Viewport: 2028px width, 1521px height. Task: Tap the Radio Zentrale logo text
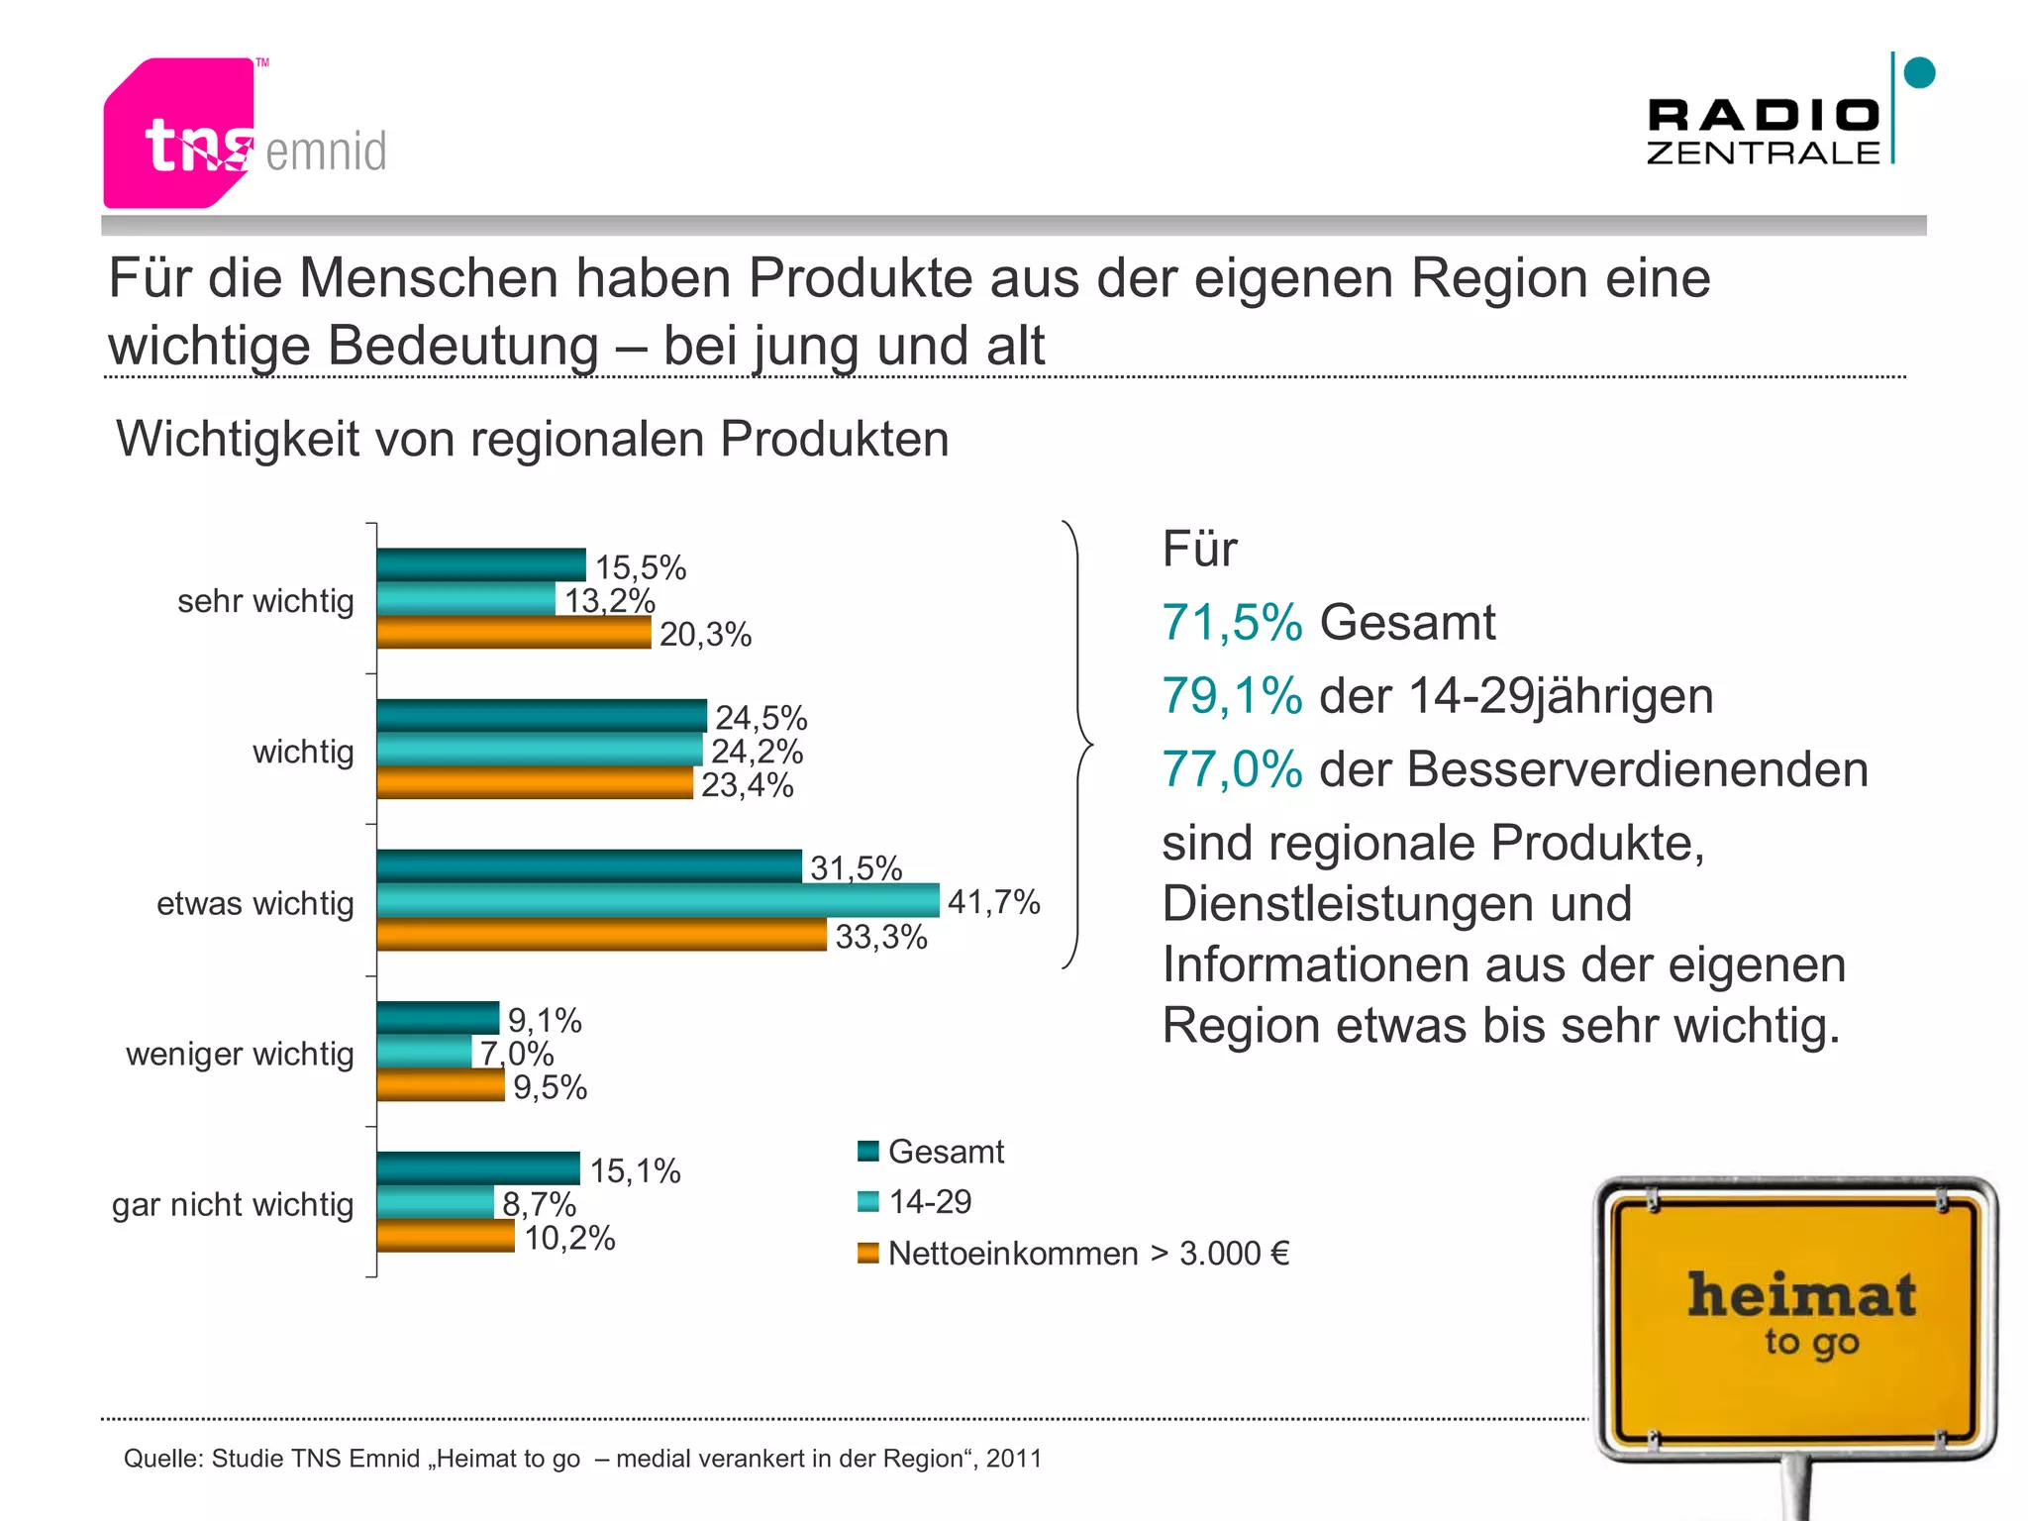(x=1763, y=131)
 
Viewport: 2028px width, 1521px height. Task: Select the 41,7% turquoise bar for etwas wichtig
(x=658, y=900)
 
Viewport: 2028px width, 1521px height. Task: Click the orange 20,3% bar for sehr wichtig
(x=514, y=633)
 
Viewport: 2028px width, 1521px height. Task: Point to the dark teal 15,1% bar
(x=478, y=1168)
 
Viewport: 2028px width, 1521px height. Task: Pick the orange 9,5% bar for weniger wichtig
(x=441, y=1085)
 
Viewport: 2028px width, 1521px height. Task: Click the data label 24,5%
(x=760, y=717)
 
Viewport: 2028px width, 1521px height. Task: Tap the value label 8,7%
(x=539, y=1203)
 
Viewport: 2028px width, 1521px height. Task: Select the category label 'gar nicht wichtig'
(x=233, y=1204)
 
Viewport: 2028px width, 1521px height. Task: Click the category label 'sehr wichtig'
(x=265, y=601)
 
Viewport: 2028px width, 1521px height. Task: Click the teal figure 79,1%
(x=1232, y=695)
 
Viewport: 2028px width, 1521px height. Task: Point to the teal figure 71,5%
(x=1232, y=623)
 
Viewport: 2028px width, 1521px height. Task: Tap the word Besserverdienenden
(x=1637, y=769)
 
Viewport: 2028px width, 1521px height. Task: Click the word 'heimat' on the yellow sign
(x=1801, y=1295)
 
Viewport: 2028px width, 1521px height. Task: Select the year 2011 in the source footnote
(x=1014, y=1459)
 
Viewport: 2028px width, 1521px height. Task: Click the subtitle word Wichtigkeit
(x=238, y=439)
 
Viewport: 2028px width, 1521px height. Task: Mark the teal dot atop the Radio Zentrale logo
(x=1919, y=72)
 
